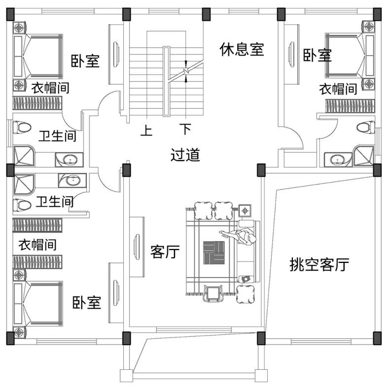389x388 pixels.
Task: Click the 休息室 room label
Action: pos(242,49)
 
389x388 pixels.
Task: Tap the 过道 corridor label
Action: pos(185,155)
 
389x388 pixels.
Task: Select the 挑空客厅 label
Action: pos(319,265)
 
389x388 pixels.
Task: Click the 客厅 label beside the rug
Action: pos(165,253)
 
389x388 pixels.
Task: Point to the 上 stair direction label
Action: pos(146,130)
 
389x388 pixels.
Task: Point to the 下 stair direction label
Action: pos(185,130)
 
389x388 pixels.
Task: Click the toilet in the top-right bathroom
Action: pos(364,127)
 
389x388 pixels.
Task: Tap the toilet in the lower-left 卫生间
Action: pos(22,204)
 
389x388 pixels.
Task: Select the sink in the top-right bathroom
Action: pos(337,159)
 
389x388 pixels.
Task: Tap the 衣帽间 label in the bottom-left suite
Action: pos(37,244)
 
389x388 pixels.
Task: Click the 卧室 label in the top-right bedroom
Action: pos(317,55)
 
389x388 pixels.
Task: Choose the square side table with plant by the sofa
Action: pos(245,210)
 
